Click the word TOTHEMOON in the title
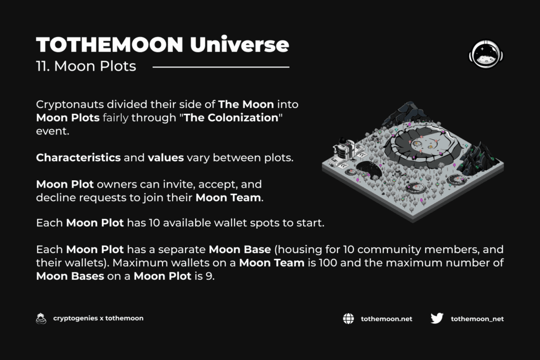(x=110, y=45)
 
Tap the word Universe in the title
(x=239, y=44)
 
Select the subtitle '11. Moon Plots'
(x=86, y=66)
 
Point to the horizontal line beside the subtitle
(x=221, y=67)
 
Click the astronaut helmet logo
(x=486, y=54)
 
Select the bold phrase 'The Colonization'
(x=231, y=118)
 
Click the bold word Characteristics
(x=78, y=158)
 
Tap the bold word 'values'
(x=166, y=158)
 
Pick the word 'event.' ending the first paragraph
(x=53, y=131)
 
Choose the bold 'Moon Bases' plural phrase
(x=70, y=276)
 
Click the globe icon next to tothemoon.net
(x=348, y=319)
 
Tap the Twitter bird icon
(x=437, y=318)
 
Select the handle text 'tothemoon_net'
(x=477, y=319)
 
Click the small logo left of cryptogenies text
(x=41, y=319)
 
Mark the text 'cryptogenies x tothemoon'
(x=98, y=318)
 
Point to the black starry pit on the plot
(x=369, y=169)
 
